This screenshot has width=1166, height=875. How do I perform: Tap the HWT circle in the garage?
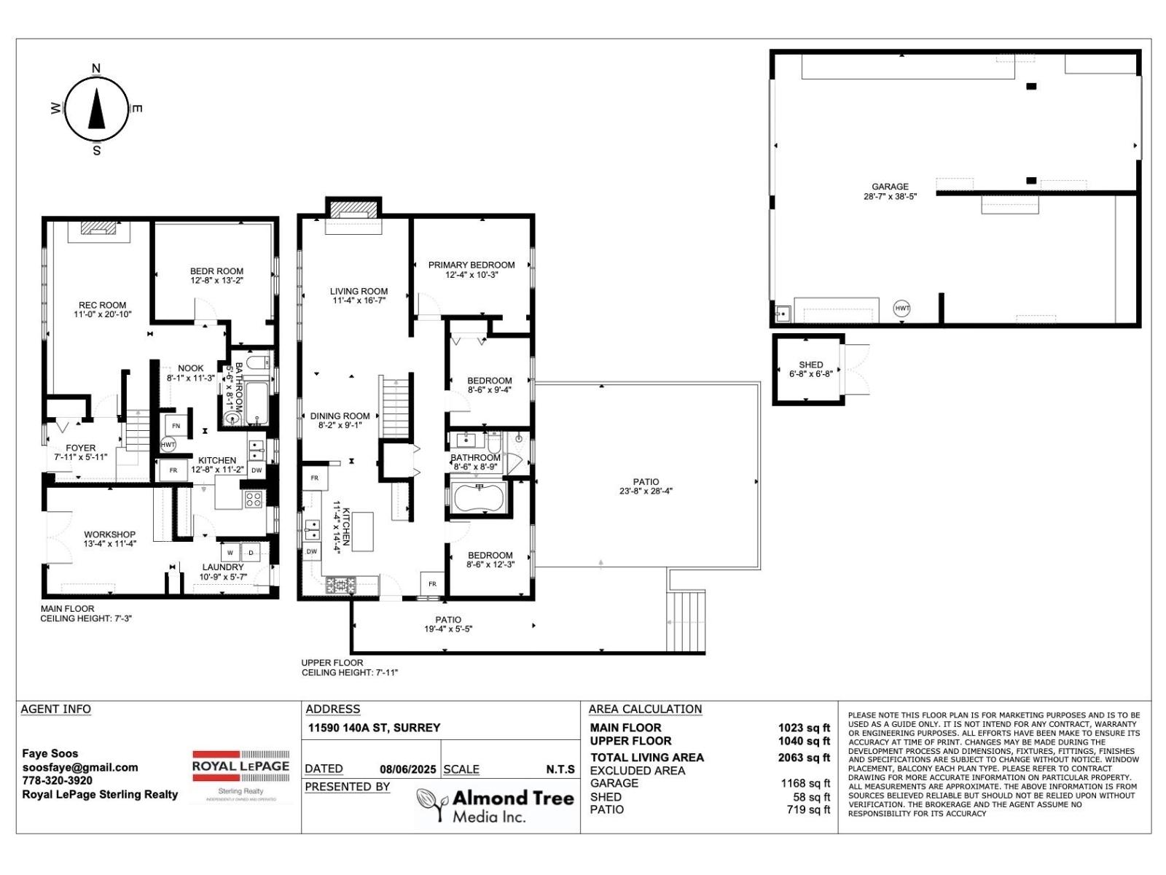click(902, 308)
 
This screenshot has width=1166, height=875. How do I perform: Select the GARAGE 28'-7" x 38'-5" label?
click(890, 191)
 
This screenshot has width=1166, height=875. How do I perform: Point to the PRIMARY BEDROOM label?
click(472, 270)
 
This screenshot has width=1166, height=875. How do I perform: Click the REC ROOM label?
click(103, 310)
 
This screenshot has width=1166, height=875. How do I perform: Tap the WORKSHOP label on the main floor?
click(109, 539)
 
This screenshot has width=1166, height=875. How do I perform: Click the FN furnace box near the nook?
click(176, 425)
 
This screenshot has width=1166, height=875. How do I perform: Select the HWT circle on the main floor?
click(168, 444)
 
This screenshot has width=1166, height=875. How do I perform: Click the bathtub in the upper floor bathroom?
click(478, 499)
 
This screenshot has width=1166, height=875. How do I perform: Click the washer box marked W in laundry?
click(230, 552)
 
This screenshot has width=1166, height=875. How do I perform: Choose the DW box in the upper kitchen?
click(312, 552)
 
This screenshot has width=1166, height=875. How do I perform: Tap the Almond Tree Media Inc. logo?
click(496, 806)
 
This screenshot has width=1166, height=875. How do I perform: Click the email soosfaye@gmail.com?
click(80, 767)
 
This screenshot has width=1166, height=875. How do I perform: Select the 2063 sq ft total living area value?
click(803, 757)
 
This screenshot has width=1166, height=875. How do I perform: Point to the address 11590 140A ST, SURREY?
click(374, 728)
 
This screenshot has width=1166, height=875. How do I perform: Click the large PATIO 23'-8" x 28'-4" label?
click(646, 486)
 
